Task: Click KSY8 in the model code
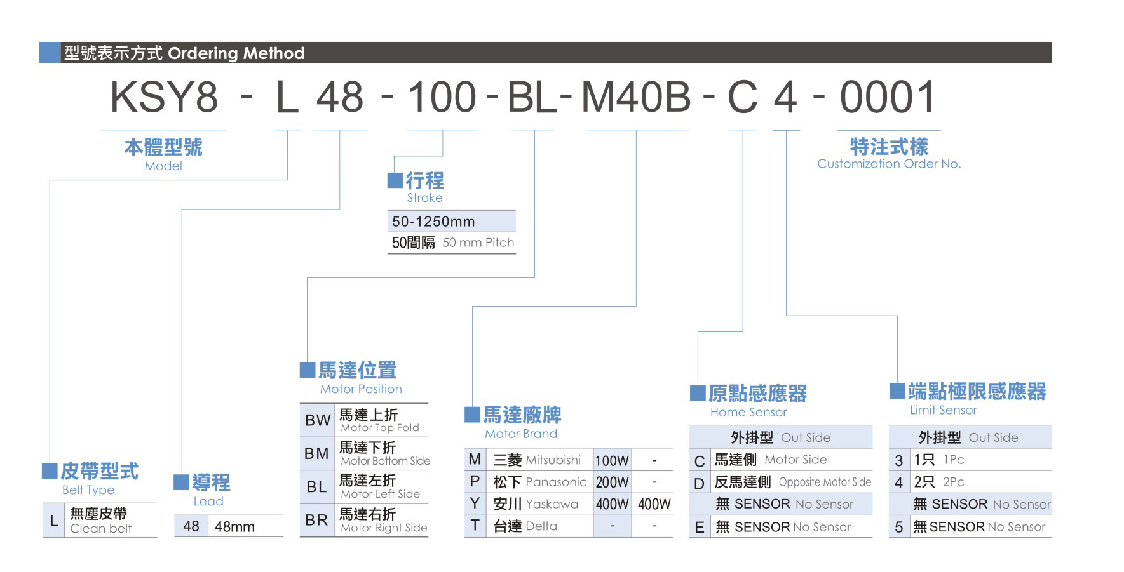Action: [164, 97]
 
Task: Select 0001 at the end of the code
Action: [888, 97]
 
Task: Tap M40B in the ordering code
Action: [636, 97]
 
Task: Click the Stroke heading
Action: [424, 197]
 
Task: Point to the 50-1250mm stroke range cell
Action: [433, 222]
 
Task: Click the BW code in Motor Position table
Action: [318, 420]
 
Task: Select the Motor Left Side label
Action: [380, 494]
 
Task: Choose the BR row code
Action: [316, 520]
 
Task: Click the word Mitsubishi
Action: [553, 460]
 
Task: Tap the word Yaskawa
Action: [552, 504]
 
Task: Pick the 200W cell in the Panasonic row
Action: [612, 482]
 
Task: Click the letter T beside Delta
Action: [475, 526]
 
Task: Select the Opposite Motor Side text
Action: [825, 482]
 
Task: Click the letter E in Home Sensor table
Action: [700, 528]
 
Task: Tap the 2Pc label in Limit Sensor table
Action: [953, 482]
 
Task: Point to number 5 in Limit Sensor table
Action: [898, 527]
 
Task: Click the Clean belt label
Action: [100, 528]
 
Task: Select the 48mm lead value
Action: [234, 526]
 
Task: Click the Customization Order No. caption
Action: [889, 164]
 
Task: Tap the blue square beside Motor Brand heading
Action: [472, 415]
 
